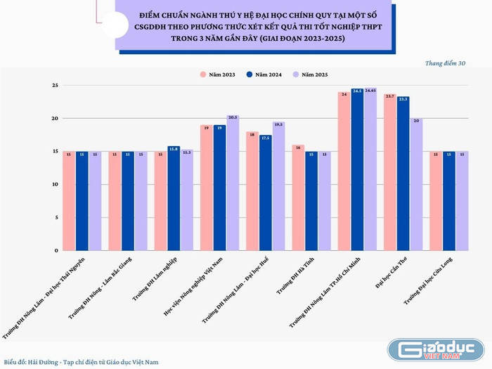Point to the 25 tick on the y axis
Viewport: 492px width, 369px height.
pos(55,86)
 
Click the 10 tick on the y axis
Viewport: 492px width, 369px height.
pos(55,185)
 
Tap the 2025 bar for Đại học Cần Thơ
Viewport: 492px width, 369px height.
pos(416,186)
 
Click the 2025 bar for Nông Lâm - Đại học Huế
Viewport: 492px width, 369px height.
pos(278,187)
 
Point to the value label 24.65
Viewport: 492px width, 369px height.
pos(370,90)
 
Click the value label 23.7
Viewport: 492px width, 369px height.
pos(389,96)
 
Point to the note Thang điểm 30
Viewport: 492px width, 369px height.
pos(445,63)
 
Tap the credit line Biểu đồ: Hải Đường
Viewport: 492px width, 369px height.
pos(81,361)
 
